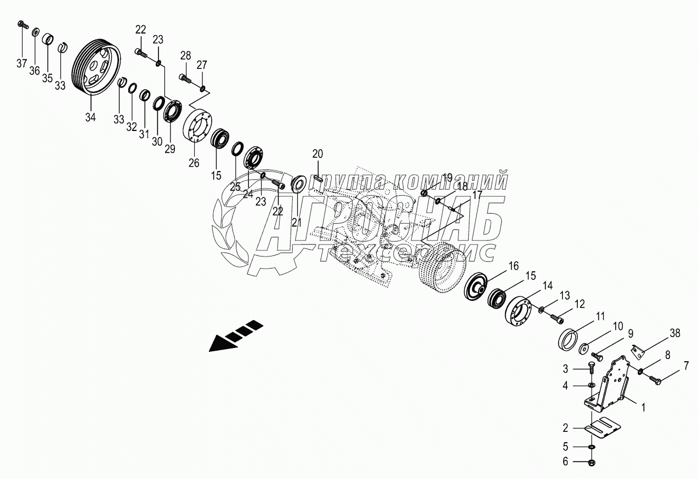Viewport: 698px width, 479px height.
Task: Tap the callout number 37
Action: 21,64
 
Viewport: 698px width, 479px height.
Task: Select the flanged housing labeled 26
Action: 198,128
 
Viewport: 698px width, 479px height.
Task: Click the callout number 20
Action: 319,153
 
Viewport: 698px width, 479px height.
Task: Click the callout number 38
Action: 674,333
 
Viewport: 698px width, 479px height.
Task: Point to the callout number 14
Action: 548,284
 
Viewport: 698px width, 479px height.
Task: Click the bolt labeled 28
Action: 185,78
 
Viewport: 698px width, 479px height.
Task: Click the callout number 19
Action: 447,178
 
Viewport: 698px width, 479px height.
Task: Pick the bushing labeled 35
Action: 48,40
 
